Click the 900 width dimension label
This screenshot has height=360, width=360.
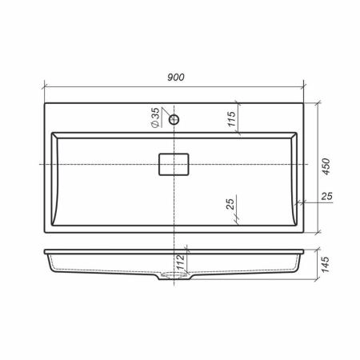[176, 77]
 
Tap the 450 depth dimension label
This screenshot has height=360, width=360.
[326, 166]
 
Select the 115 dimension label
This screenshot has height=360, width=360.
[232, 119]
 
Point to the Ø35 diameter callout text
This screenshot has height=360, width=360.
[155, 118]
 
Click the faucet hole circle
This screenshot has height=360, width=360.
[174, 120]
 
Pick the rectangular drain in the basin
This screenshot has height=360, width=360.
[174, 164]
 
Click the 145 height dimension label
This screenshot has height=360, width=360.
[326, 265]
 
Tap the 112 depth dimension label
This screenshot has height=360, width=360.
[181, 262]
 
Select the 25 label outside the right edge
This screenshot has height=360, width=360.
[326, 196]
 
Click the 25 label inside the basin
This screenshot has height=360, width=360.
[230, 204]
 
